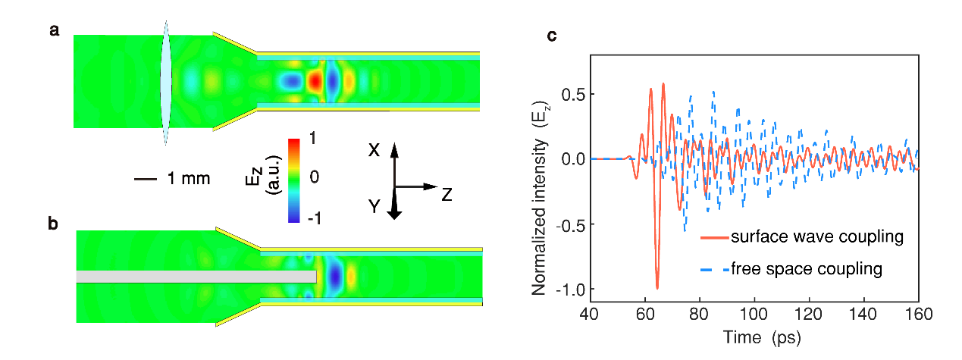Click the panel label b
(x=55, y=225)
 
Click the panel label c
(x=552, y=36)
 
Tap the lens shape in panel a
(x=167, y=81)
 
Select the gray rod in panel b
(x=196, y=277)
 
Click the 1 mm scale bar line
(x=145, y=180)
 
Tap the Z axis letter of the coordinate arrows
(x=447, y=195)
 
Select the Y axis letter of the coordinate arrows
(x=374, y=204)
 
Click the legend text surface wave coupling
(x=817, y=237)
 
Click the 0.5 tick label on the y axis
(x=573, y=94)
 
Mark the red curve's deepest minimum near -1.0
(x=657, y=288)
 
